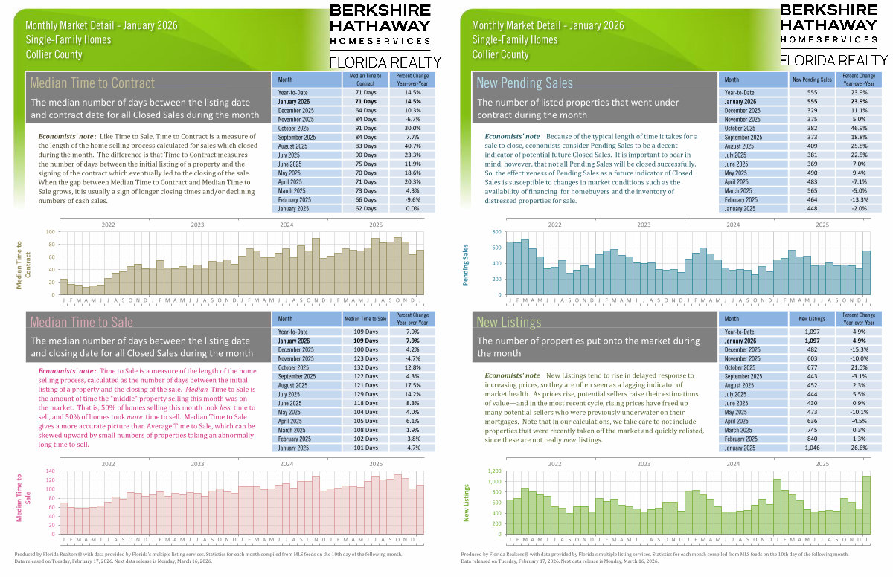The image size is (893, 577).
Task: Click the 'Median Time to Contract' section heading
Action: coord(92,83)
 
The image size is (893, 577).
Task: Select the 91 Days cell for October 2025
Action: coord(365,128)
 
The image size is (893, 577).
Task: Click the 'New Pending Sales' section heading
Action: coord(525,83)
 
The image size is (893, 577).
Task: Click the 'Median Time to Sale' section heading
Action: coord(82,322)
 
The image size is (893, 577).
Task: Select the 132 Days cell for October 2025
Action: coord(365,367)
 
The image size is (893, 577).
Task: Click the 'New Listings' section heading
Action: coord(509,323)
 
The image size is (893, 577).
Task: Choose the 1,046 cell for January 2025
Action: coord(812,448)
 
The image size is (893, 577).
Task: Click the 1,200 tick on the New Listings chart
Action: coord(491,471)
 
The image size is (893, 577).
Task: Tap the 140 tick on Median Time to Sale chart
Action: coord(51,471)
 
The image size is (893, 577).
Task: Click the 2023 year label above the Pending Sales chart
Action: coord(644,225)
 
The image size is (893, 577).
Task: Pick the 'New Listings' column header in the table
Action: coord(812,317)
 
